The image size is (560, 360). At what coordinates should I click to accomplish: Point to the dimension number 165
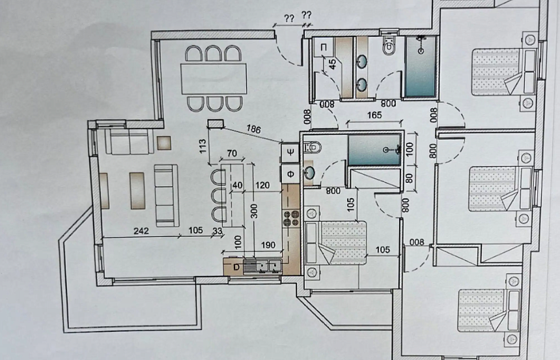coord(373,115)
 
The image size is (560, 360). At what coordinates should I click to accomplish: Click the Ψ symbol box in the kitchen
coord(289,153)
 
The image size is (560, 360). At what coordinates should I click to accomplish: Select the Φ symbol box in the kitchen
coord(289,174)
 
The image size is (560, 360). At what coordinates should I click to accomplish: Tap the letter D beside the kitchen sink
coord(236,266)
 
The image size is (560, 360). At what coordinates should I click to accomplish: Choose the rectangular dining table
coord(215,77)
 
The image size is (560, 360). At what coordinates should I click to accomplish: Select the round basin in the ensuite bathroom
coord(310,173)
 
